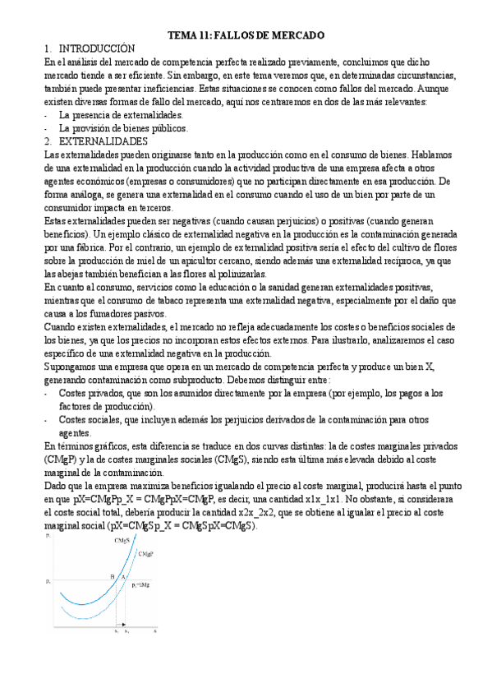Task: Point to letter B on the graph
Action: pyautogui.click(x=113, y=578)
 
